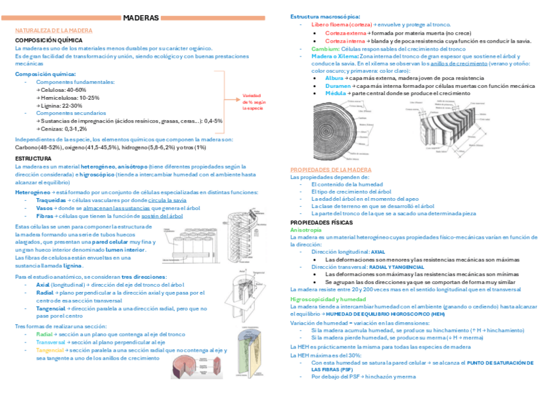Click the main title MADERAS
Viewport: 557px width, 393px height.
pyautogui.click(x=141, y=18)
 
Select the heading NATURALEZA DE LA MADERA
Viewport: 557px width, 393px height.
pyautogui.click(x=54, y=31)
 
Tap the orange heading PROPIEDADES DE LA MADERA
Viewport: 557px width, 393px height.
pyautogui.click(x=331, y=169)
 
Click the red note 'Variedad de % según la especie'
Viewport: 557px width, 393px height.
pyautogui.click(x=254, y=102)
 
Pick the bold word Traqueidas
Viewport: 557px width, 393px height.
pyautogui.click(x=51, y=200)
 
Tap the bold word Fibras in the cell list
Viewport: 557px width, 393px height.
pyautogui.click(x=45, y=216)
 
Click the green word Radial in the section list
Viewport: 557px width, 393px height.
pyautogui.click(x=45, y=334)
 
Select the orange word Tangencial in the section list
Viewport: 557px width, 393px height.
pyautogui.click(x=50, y=350)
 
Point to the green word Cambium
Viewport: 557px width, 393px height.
pyautogui.click(x=325, y=49)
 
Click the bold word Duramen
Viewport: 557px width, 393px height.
pyautogui.click(x=338, y=86)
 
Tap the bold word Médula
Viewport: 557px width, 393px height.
pyautogui.click(x=335, y=94)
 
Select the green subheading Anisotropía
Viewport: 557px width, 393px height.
pyautogui.click(x=306, y=230)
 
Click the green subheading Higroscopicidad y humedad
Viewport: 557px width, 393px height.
pyautogui.click(x=328, y=299)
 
